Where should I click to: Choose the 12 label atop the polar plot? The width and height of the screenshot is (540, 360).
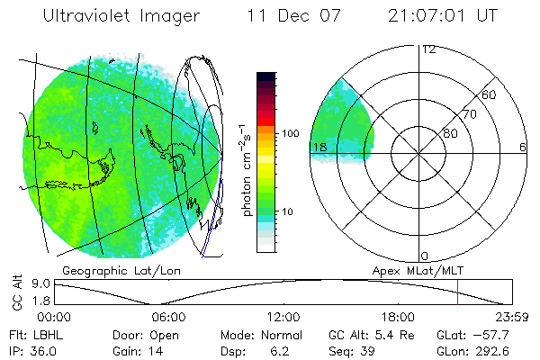pos(428,49)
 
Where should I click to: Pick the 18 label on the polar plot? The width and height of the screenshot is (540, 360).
pos(319,147)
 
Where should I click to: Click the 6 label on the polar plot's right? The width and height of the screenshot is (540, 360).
pos(522,147)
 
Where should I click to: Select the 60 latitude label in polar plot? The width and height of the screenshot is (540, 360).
pos(490,94)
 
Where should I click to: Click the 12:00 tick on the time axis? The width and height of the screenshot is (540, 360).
pos(283,317)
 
